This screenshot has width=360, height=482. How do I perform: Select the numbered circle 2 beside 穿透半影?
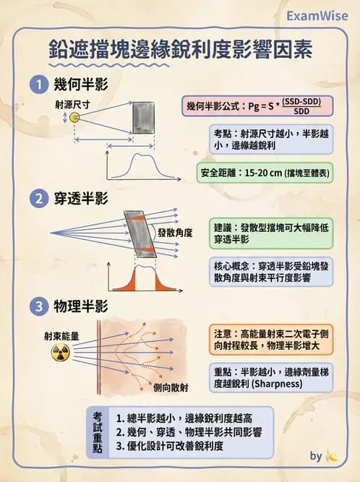[38, 199]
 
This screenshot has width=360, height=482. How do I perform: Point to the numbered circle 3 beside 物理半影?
[38, 306]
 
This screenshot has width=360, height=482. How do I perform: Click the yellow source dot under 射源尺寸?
[74, 118]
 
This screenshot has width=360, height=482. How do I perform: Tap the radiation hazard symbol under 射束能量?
[59, 353]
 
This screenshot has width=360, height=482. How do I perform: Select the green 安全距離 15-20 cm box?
[265, 173]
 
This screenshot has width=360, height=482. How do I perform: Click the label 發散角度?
[175, 232]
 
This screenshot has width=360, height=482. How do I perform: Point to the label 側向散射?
[171, 388]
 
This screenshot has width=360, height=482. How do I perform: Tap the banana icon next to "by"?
[332, 456]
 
